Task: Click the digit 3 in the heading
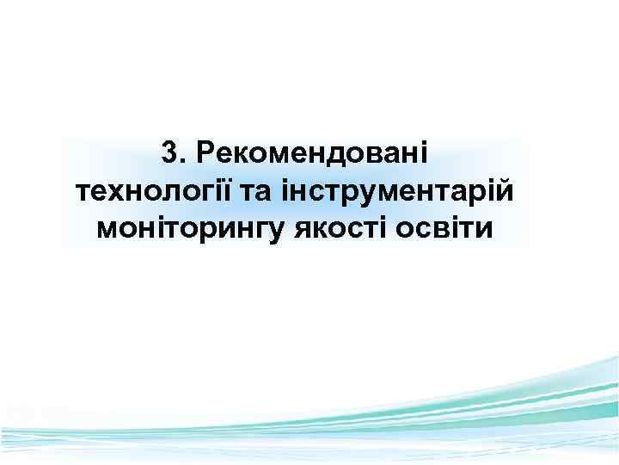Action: click(169, 153)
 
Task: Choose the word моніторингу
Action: click(184, 228)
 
